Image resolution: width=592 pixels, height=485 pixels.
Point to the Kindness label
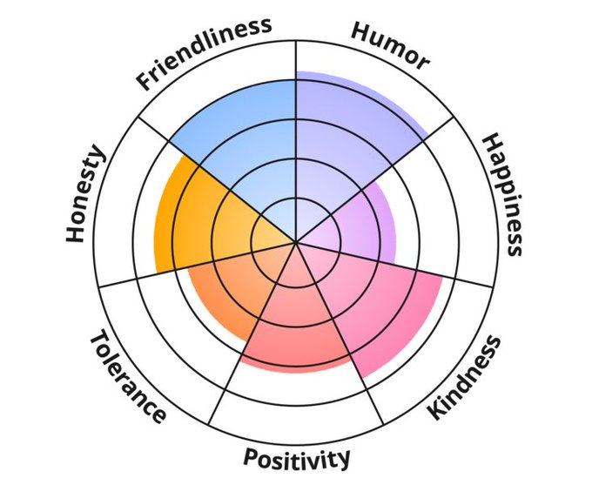tap(466, 376)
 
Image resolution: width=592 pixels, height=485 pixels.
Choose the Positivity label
tap(297, 457)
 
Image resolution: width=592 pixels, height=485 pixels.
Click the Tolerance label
tap(128, 375)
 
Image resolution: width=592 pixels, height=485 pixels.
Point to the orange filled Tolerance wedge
tap(226, 287)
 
